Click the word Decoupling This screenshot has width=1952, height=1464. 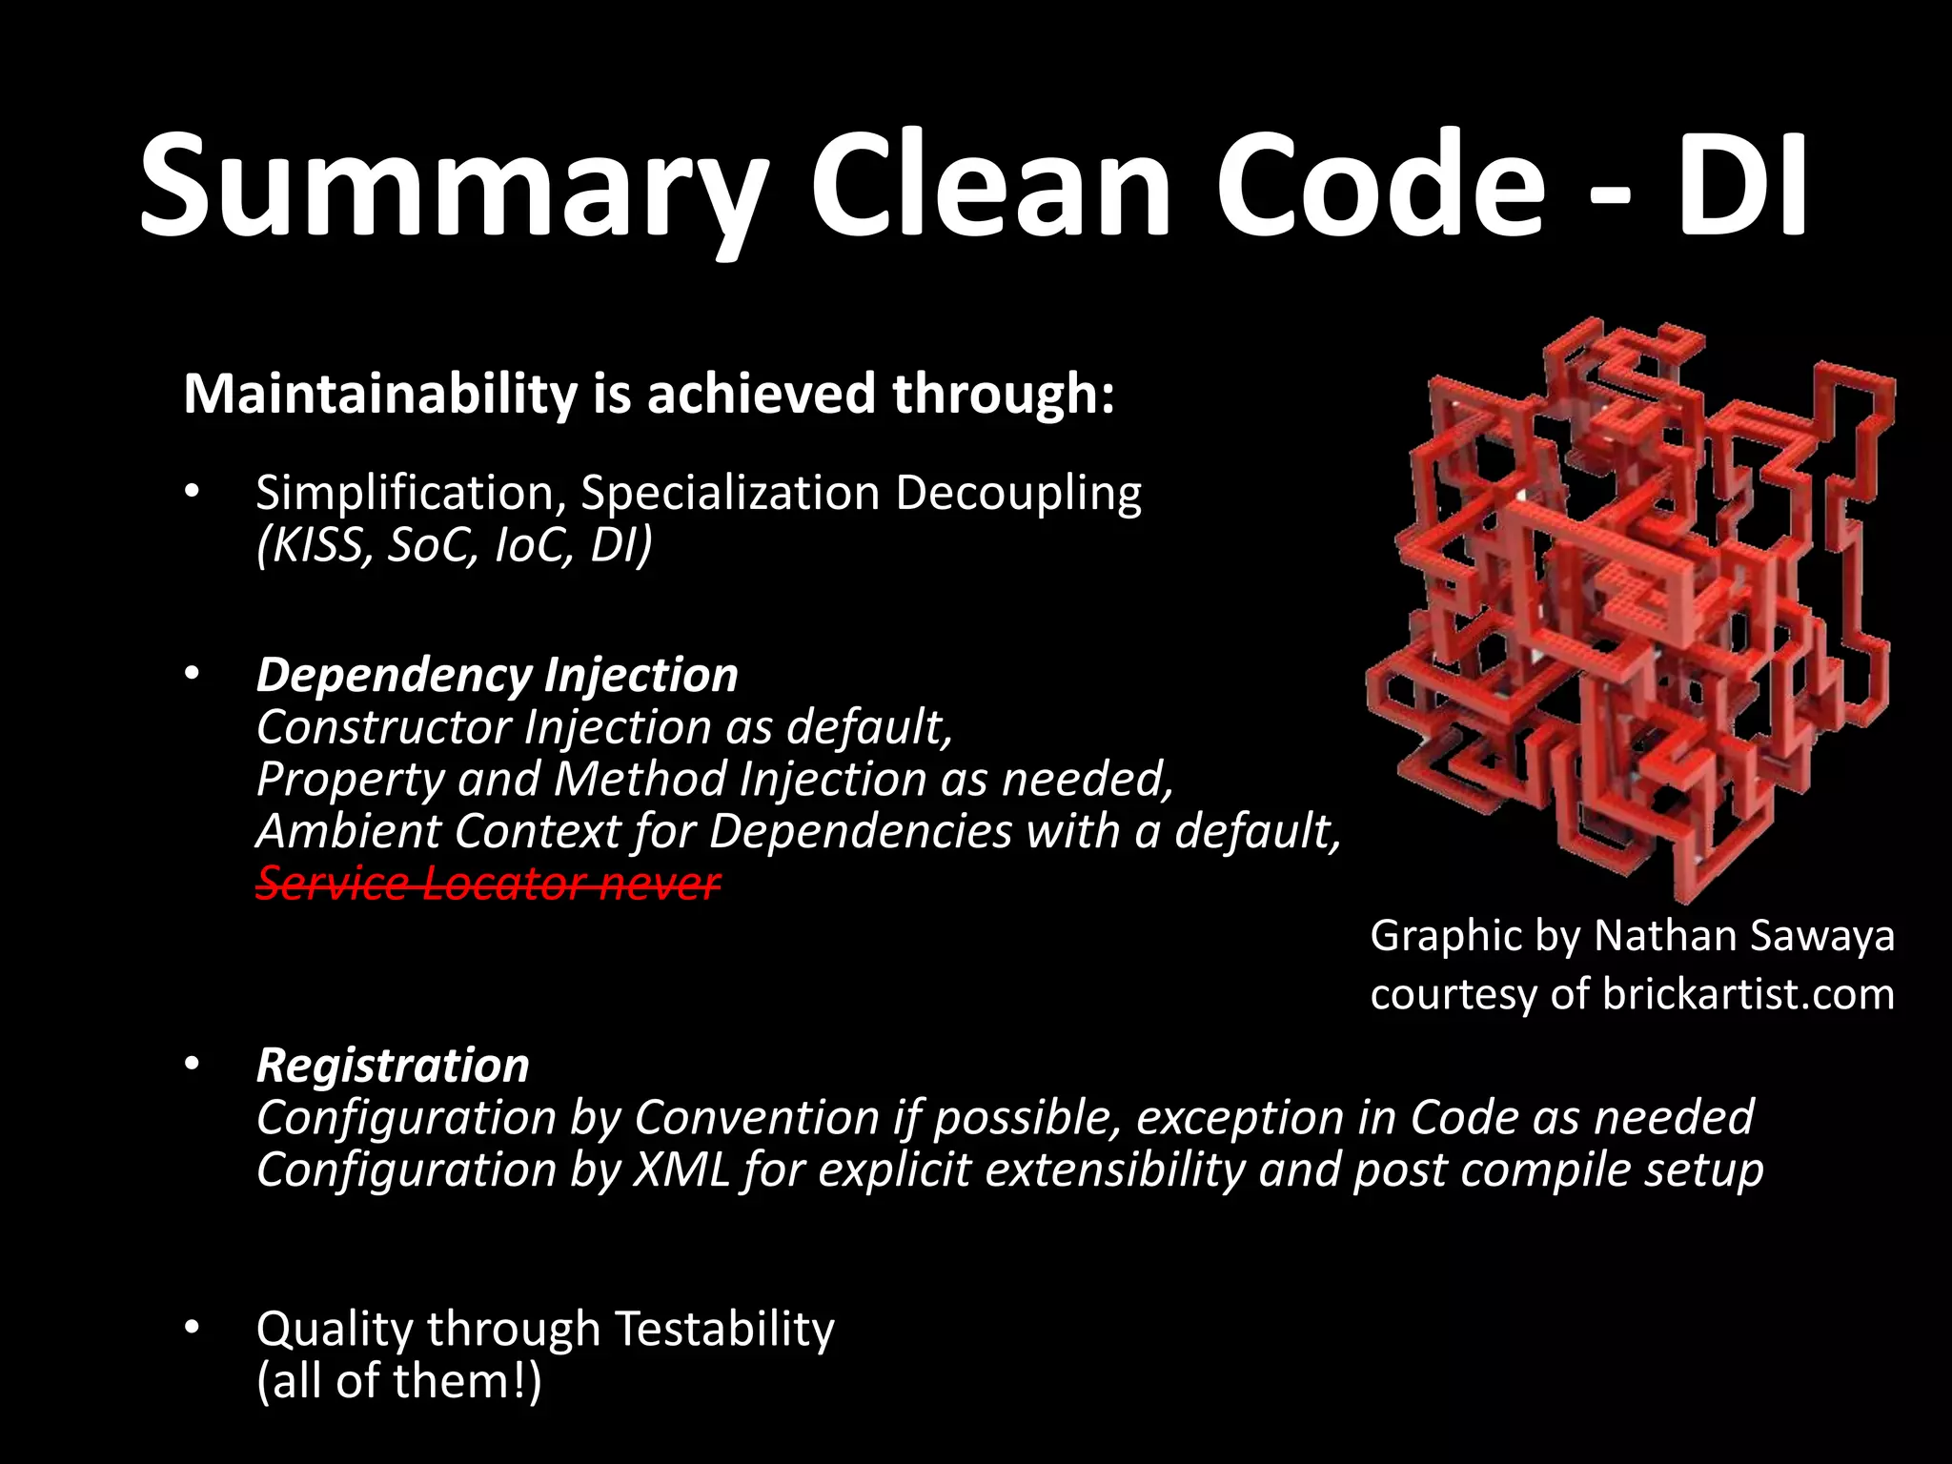point(1017,494)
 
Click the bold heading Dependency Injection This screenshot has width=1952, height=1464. point(497,675)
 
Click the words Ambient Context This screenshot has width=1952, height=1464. point(438,831)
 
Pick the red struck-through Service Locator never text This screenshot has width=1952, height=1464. point(487,884)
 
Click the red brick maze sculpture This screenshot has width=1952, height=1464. point(1630,610)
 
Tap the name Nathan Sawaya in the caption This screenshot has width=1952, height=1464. point(1743,936)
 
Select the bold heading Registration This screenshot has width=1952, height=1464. point(392,1066)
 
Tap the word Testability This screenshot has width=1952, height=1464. point(723,1329)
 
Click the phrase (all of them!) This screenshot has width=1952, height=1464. point(398,1381)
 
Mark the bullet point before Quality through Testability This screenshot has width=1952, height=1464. point(192,1327)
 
